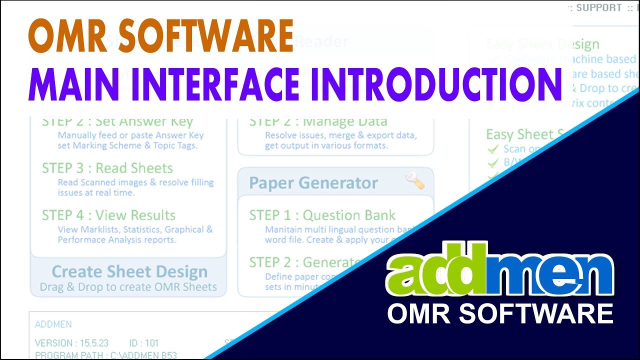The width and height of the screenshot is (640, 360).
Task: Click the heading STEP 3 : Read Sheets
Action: [107, 168]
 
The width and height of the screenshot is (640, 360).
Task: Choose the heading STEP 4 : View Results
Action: [109, 215]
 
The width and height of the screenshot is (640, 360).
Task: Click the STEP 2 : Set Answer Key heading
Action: [117, 121]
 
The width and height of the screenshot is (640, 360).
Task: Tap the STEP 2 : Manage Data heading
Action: [318, 121]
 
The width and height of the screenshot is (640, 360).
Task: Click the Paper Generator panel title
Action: [313, 182]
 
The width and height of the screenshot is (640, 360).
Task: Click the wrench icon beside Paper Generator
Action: [415, 180]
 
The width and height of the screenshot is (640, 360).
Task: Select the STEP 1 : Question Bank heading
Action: [322, 215]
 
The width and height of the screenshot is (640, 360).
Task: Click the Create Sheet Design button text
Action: [129, 271]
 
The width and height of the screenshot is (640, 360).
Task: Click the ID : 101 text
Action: [144, 343]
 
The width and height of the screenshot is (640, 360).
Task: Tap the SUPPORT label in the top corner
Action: [598, 8]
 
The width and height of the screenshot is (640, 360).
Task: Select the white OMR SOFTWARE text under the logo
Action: [500, 313]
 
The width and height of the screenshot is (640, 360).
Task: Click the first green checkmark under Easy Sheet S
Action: [493, 149]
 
